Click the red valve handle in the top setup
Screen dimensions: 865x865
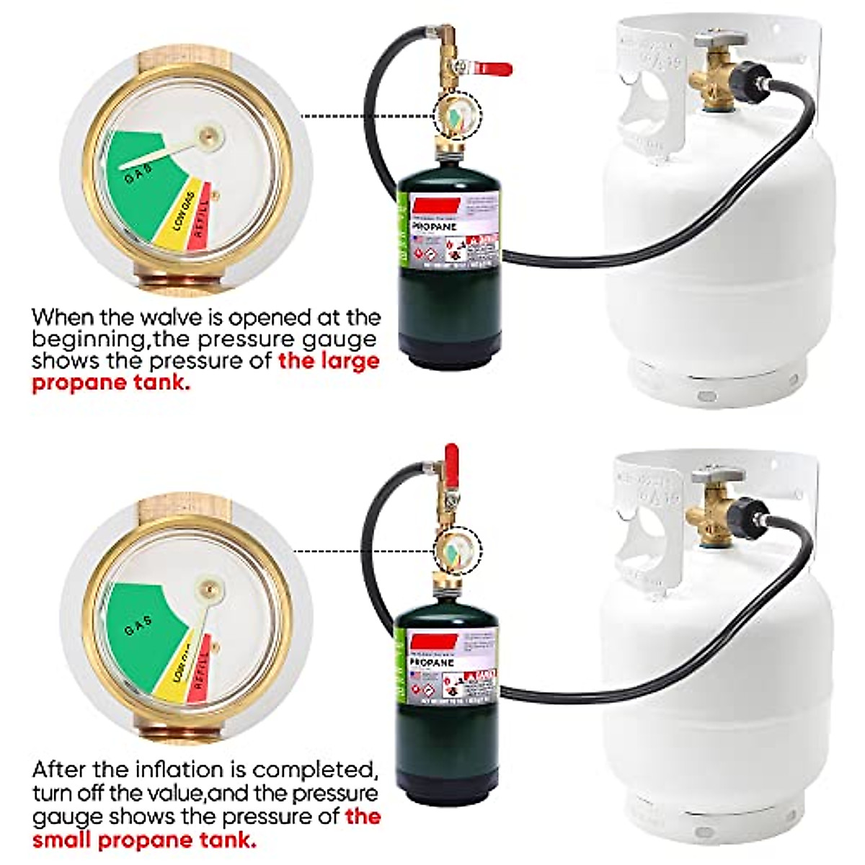tap(494, 69)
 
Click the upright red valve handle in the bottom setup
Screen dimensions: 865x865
tap(451, 458)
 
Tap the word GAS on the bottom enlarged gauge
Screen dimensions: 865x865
tap(138, 626)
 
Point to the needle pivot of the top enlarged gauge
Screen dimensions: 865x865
tap(210, 133)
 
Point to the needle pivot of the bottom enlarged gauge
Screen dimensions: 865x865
tap(209, 589)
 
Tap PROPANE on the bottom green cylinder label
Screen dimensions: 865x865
tap(432, 662)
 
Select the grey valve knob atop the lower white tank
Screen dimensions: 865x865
tap(717, 474)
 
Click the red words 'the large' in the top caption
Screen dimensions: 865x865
tap(329, 360)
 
